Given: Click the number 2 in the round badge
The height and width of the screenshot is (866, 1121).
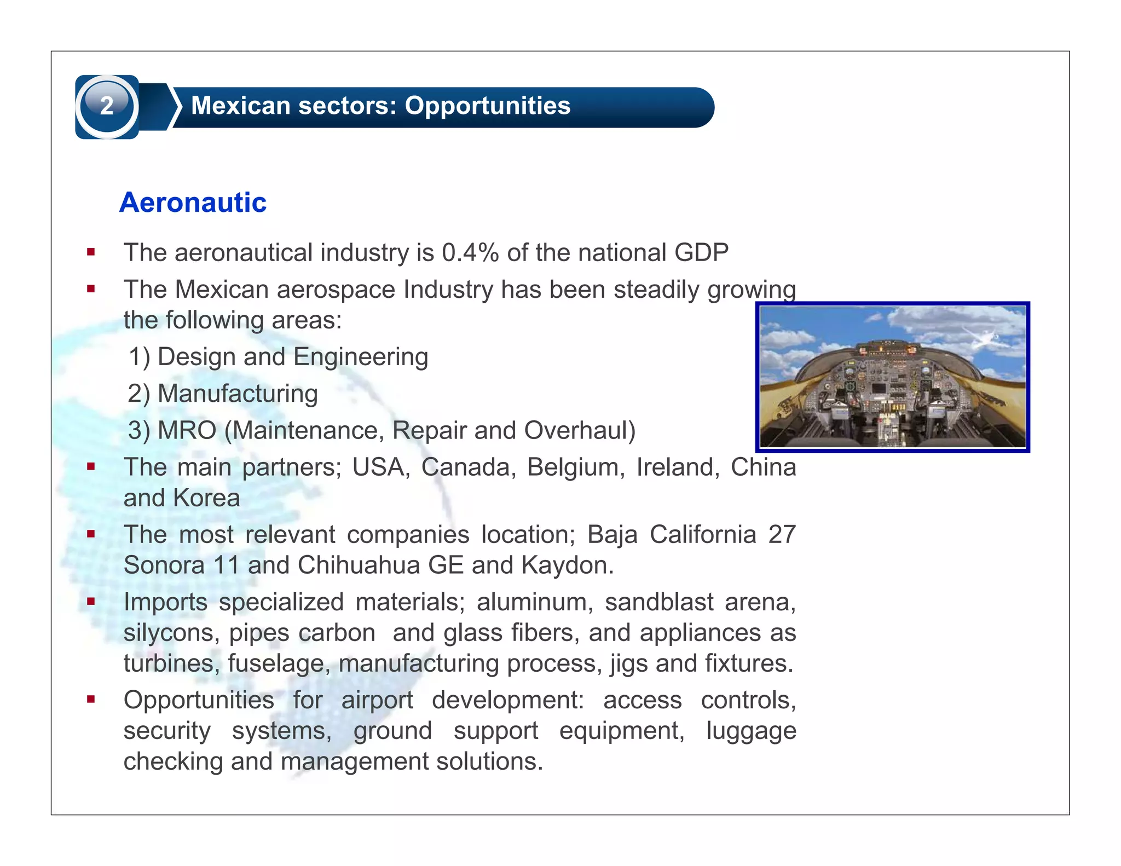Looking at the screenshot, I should point(107,106).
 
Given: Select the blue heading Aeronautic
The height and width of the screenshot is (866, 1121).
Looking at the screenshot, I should point(193,203).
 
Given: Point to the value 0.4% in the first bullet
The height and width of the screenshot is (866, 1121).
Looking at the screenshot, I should point(470,253).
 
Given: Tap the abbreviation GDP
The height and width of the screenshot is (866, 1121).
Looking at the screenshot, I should point(701,253).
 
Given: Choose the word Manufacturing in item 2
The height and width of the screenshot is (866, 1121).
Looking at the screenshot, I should point(238,394).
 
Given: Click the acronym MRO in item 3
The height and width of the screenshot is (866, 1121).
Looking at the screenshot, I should point(187,430).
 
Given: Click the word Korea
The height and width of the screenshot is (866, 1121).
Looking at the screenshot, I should point(206,498).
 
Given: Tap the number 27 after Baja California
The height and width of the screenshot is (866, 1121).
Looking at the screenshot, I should point(782,534).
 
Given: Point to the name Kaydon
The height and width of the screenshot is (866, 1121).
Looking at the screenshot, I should point(567,565).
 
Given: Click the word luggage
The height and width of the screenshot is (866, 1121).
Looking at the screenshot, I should point(750,731).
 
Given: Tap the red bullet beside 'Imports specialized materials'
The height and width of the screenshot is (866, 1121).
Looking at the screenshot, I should point(91,602).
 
